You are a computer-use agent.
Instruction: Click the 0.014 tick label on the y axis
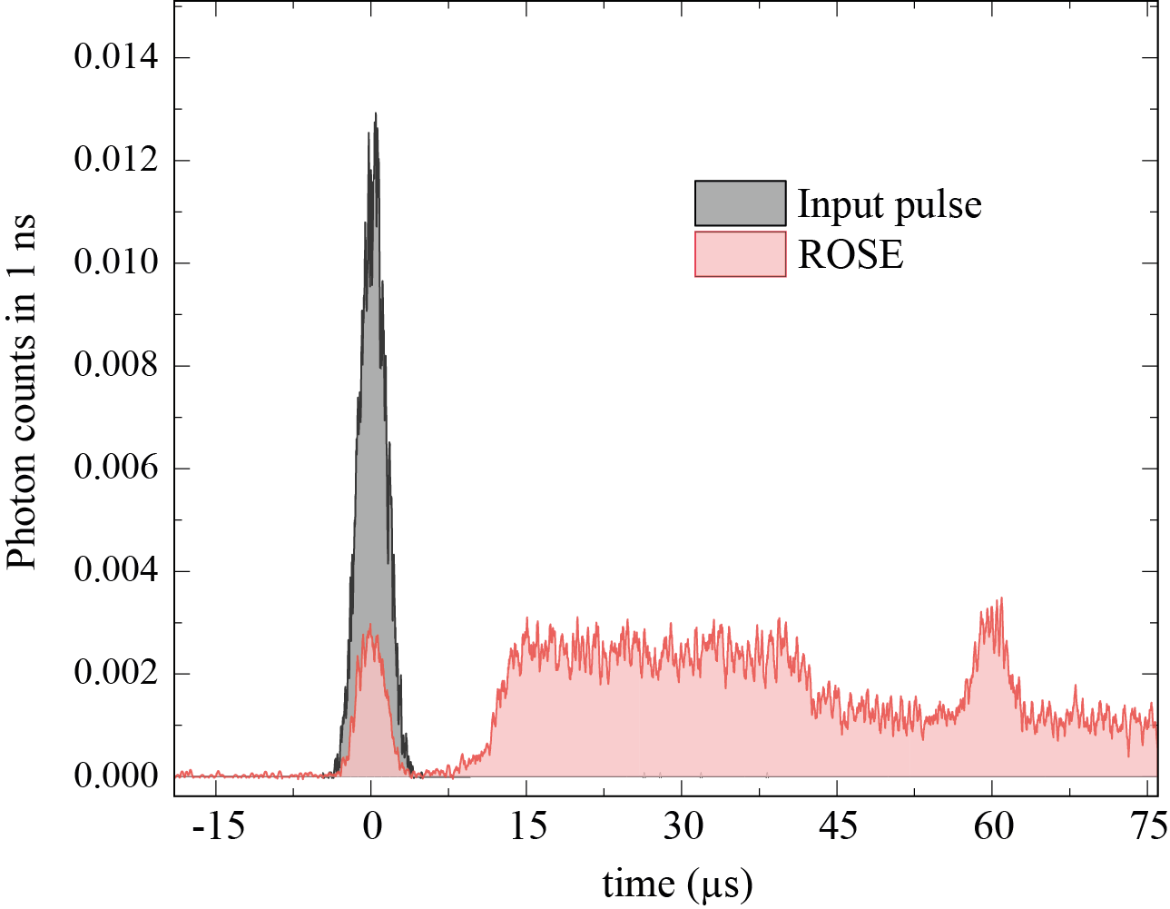click(x=115, y=58)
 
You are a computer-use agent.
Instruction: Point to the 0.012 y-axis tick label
click(x=115, y=161)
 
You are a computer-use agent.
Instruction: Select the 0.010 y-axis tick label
click(x=115, y=263)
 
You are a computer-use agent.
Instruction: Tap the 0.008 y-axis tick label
click(x=115, y=366)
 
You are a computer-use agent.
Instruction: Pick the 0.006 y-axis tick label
click(x=115, y=469)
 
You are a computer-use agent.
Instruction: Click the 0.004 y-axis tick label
click(x=115, y=571)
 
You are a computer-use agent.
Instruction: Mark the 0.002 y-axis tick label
click(x=115, y=674)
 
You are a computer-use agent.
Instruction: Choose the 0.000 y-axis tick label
click(x=115, y=776)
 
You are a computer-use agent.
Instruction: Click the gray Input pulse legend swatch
click(x=740, y=203)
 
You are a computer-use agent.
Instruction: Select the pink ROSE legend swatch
click(x=740, y=254)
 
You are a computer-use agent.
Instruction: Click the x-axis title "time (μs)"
click(x=677, y=883)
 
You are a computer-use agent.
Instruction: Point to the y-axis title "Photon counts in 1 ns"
click(x=22, y=390)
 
